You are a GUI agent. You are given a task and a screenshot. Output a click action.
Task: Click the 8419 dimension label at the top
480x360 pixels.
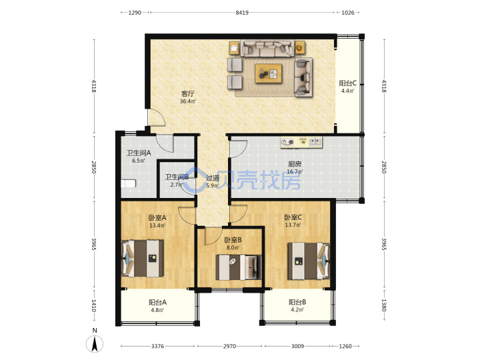[242, 13]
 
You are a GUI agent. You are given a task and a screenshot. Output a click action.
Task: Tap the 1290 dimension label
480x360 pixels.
[135, 13]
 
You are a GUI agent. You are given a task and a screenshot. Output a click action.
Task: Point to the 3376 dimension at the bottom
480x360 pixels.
[157, 346]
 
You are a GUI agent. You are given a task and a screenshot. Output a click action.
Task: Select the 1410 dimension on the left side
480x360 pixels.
[94, 305]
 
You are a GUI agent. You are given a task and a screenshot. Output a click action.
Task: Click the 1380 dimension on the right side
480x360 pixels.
[384, 305]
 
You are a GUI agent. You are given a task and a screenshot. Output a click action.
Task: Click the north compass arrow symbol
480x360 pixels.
[95, 343]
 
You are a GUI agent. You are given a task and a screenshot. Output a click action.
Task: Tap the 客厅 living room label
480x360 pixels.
[187, 93]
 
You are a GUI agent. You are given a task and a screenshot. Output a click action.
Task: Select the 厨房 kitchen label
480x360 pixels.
[295, 164]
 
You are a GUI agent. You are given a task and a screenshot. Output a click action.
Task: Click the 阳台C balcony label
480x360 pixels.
[347, 83]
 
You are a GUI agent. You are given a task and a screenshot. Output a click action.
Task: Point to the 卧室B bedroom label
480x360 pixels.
[233, 240]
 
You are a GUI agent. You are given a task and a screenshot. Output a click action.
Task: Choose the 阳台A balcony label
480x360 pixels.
[157, 303]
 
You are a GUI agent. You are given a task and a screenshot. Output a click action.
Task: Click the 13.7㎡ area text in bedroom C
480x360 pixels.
[293, 225]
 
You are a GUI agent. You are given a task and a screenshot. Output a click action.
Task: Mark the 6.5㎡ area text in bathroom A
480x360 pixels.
[139, 161]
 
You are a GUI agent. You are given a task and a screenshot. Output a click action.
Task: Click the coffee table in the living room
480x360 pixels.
[269, 73]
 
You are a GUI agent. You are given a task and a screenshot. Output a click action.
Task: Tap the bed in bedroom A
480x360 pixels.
[143, 259]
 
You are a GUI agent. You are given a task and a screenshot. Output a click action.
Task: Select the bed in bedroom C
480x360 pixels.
[309, 261]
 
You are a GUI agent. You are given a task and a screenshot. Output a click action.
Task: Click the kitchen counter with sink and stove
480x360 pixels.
[301, 143]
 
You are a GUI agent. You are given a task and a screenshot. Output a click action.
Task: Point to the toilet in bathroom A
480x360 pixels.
[128, 184]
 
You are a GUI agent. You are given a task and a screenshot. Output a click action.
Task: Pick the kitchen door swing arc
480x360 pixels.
[239, 149]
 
